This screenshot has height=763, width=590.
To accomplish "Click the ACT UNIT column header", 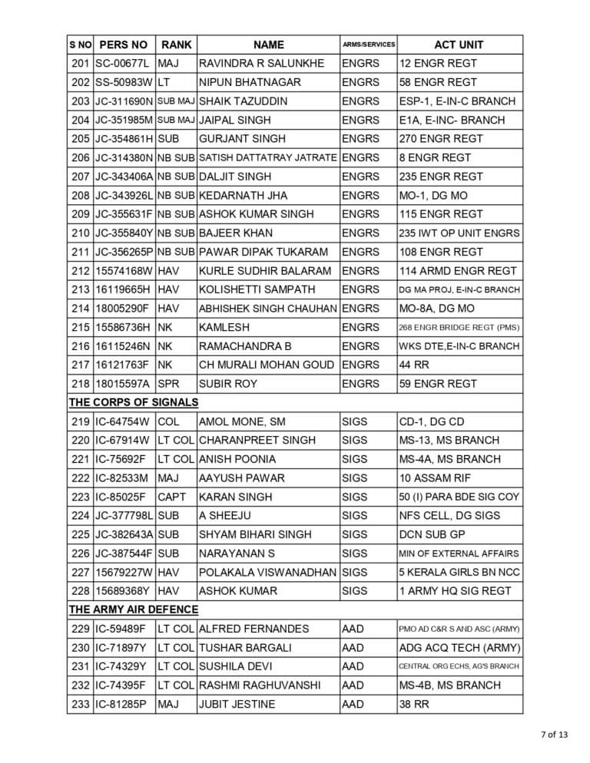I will pos(459,45).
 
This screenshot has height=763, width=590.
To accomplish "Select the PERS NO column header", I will pos(123,45).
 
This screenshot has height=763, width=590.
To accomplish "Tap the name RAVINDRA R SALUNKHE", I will pos(261,64).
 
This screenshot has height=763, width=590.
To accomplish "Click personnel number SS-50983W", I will pos(123,82).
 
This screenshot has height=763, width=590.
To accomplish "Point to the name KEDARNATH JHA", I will pos(243,196).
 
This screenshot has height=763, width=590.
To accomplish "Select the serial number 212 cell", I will pos(80,271).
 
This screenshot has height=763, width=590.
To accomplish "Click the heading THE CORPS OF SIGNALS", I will pos(134,402).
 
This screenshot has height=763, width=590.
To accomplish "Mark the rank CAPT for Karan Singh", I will pos(172,497).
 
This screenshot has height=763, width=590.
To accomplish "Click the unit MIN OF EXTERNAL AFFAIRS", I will pos(459,553).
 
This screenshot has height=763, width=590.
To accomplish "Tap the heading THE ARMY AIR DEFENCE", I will pos(134,609).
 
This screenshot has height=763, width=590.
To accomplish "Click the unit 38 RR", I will pos(414,704).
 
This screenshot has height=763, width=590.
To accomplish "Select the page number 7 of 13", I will pos(552,735).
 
